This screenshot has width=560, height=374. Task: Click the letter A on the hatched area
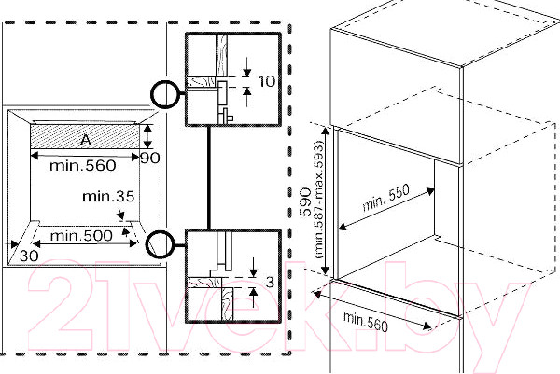point(85,140)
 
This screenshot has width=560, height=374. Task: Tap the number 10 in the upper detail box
point(266,81)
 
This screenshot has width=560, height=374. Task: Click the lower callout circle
point(161,242)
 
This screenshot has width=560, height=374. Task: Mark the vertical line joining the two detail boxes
point(210,177)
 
